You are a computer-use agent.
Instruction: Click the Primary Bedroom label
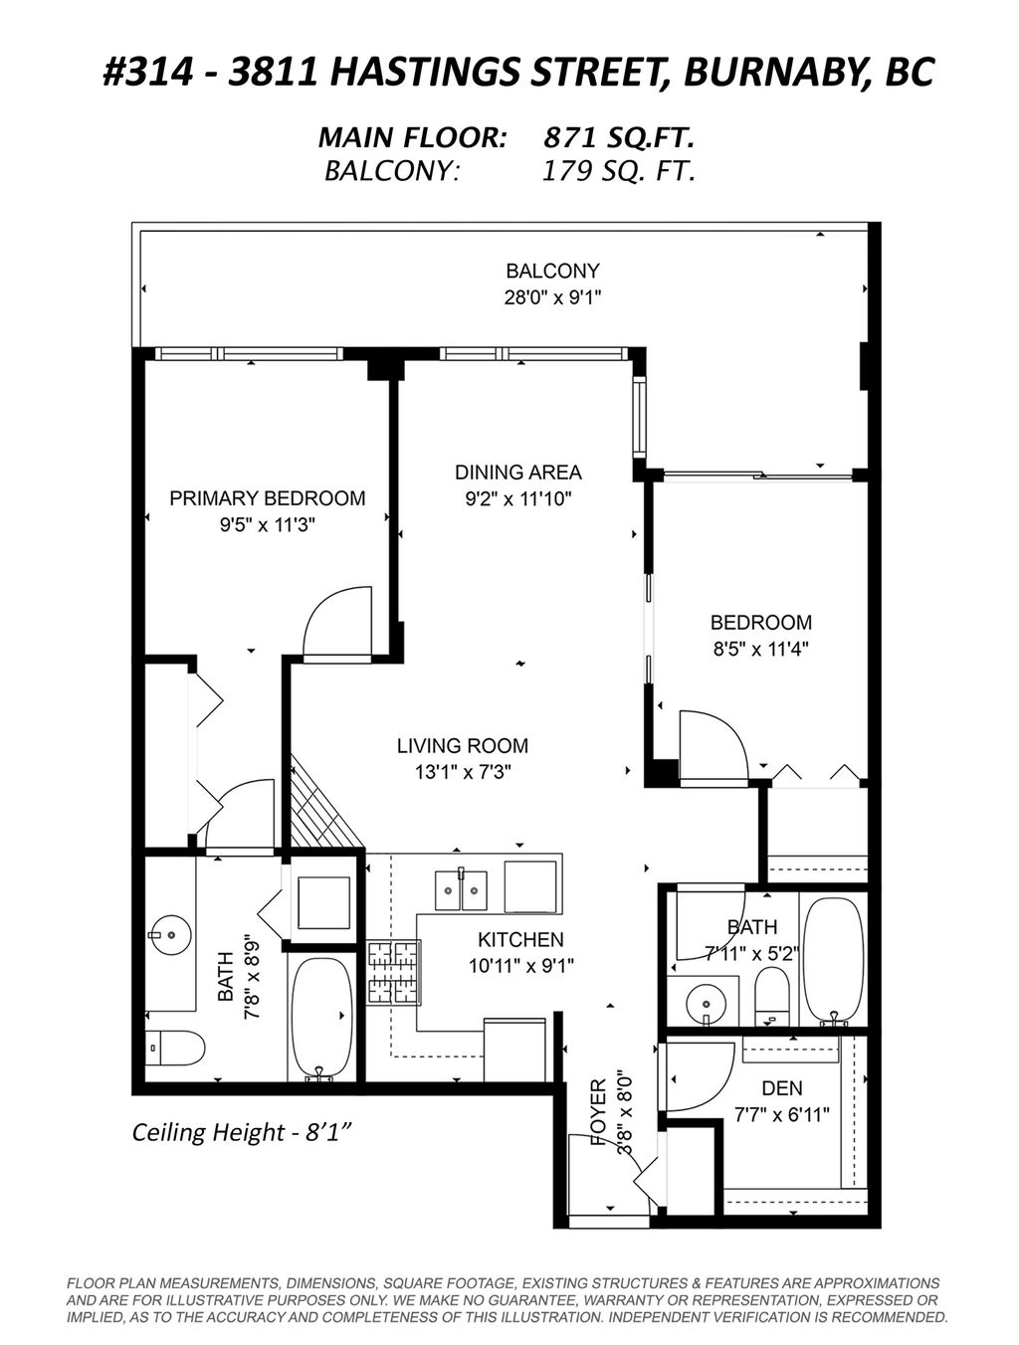[x=267, y=498]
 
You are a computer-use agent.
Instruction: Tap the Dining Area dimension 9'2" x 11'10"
[x=517, y=499]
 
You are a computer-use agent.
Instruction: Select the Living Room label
[x=463, y=746]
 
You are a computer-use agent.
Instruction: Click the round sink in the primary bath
[x=170, y=934]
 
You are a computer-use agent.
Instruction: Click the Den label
[x=782, y=1088]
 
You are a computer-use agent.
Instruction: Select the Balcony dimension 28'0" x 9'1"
[x=552, y=297]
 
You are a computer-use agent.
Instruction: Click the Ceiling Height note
[x=244, y=1132]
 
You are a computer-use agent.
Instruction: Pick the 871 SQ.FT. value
[x=619, y=138]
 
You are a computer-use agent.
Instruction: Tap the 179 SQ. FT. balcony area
[x=619, y=171]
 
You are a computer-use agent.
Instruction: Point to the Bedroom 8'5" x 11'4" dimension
[x=761, y=650]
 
